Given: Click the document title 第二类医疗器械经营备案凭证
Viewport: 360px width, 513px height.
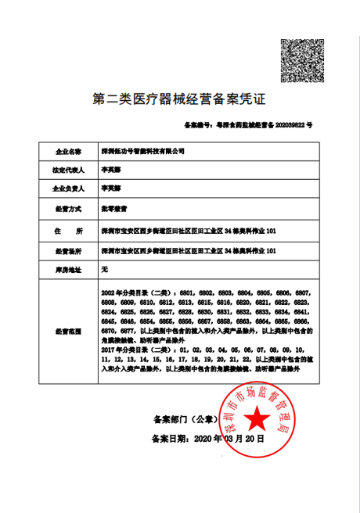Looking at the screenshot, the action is click(x=179, y=99).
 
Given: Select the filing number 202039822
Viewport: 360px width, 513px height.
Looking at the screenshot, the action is click(x=286, y=124).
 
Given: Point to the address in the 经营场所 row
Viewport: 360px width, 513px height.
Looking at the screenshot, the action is click(x=188, y=252).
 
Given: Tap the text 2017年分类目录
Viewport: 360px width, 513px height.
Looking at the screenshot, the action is click(x=124, y=350).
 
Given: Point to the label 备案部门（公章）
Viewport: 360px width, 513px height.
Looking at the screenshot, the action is click(x=181, y=419).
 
